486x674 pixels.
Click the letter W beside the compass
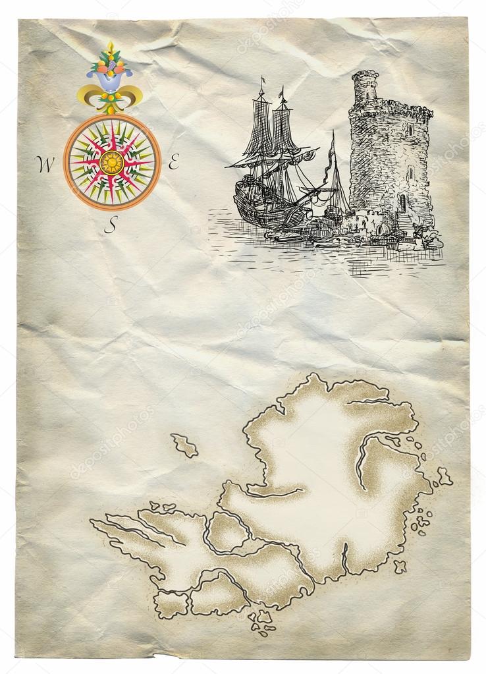(45, 165)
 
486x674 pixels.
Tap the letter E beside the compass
(174, 163)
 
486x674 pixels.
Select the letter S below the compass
(112, 225)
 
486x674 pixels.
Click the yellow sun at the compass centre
(112, 162)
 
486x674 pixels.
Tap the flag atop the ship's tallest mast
(262, 80)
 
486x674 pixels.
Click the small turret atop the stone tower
(364, 86)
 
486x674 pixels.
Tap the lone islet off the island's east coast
(445, 476)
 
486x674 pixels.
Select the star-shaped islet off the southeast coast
(399, 566)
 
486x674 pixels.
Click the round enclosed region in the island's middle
(227, 531)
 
